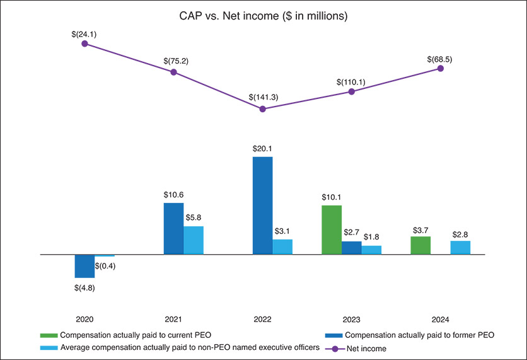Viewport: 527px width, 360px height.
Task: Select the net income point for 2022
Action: coord(263,109)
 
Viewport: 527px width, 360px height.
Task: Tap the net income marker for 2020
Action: coord(84,44)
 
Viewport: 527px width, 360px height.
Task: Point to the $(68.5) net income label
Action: coord(439,59)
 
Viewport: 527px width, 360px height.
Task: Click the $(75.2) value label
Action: coord(174,62)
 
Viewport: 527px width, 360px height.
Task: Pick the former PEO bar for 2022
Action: coord(263,206)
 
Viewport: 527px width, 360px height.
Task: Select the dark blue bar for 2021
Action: coord(174,228)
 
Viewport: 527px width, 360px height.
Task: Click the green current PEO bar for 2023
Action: coord(332,229)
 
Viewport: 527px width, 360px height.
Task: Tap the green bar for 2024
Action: coord(420,245)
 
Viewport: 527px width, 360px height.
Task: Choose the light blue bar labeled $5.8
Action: coord(194,240)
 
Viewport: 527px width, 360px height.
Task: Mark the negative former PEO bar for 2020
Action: coord(85,266)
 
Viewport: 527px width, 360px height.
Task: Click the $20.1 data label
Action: coord(263,149)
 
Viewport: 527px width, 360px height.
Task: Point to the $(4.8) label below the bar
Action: coord(84,288)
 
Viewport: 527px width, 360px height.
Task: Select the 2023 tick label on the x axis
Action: coord(351,320)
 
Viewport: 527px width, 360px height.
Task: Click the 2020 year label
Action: coord(84,320)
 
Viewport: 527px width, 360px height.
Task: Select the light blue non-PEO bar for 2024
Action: coord(460,247)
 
